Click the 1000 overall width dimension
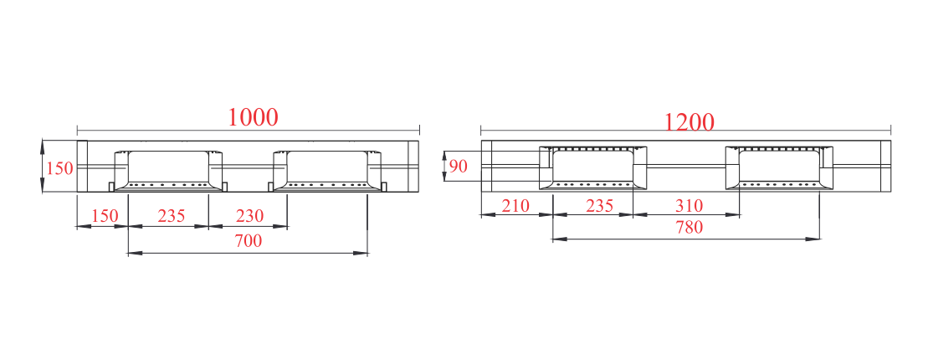click(x=253, y=117)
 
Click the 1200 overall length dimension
click(x=690, y=122)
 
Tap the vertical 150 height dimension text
click(x=59, y=168)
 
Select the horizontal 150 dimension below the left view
click(x=105, y=215)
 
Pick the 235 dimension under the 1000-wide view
click(x=172, y=215)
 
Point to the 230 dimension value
click(x=249, y=215)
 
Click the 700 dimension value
click(x=249, y=241)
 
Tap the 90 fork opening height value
click(x=458, y=167)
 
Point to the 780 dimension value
click(x=690, y=227)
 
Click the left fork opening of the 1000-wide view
click(x=169, y=167)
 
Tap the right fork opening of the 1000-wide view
click(x=327, y=167)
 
